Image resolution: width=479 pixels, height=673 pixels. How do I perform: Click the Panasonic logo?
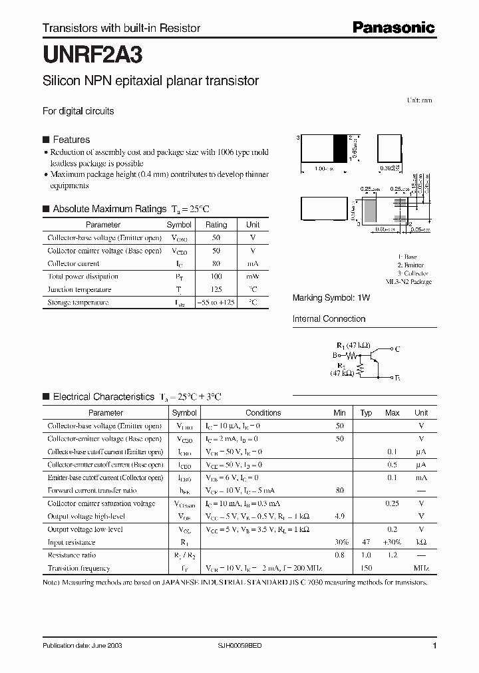point(393,27)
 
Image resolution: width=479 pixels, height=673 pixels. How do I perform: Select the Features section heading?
point(71,140)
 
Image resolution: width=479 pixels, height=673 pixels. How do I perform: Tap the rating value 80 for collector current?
point(216,263)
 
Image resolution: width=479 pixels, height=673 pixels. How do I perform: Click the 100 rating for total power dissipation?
point(216,276)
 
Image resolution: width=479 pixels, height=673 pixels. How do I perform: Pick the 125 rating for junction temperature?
point(216,289)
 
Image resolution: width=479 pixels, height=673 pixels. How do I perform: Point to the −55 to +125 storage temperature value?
point(216,303)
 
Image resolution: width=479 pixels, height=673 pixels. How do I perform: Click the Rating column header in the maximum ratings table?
point(216,225)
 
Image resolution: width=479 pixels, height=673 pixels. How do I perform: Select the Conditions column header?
point(263,413)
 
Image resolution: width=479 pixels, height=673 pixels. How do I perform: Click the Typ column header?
point(366,413)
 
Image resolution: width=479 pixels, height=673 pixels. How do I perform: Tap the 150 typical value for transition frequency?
point(366,569)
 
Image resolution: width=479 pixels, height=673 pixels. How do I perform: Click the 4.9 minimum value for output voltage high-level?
point(339,516)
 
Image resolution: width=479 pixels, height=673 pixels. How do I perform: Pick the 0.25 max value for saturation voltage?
point(392,503)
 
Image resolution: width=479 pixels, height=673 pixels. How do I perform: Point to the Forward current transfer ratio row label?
point(92,491)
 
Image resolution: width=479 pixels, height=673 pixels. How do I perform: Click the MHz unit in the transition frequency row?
point(421,569)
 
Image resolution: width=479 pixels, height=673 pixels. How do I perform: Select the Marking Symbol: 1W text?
point(331,298)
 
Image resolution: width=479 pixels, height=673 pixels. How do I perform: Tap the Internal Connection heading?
point(329,319)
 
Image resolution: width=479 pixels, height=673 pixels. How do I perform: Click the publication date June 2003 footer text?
point(82,646)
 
